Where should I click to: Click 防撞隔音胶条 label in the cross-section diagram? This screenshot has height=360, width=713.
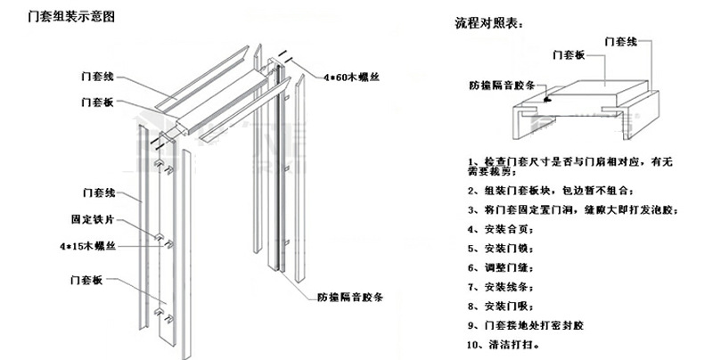point(502,86)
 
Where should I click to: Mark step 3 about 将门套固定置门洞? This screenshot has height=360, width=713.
point(571,209)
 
